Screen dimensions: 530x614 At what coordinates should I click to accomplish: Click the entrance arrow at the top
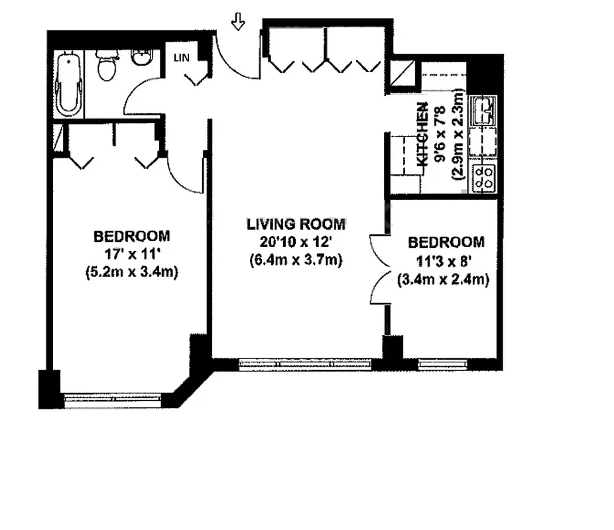(x=238, y=23)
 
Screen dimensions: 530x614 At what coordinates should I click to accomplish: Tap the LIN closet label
(x=181, y=58)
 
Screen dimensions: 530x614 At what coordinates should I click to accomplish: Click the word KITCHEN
(x=422, y=134)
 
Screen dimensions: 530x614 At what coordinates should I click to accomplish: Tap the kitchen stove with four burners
(x=483, y=178)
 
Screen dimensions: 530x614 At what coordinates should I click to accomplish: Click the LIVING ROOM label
(x=296, y=224)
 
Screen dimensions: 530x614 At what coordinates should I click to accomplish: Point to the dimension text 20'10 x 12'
(x=296, y=242)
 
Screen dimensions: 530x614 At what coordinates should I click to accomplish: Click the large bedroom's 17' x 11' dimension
(x=131, y=253)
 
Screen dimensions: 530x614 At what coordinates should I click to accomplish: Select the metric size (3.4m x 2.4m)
(x=443, y=280)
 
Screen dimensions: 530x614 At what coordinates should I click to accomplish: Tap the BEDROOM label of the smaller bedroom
(x=446, y=242)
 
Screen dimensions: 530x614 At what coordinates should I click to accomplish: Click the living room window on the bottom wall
(x=304, y=363)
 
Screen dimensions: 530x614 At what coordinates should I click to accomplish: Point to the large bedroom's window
(x=112, y=399)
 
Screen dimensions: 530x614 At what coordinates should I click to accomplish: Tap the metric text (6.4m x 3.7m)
(x=296, y=260)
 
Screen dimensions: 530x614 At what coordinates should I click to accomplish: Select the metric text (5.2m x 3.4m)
(x=131, y=272)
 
